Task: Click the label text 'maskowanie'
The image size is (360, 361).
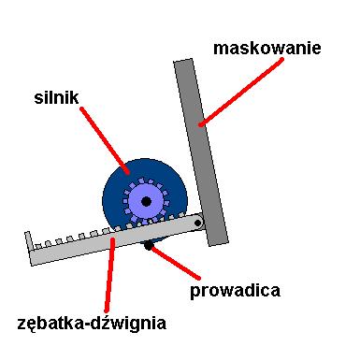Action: pyautogui.click(x=266, y=46)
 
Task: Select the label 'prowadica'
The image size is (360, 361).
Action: pyautogui.click(x=235, y=290)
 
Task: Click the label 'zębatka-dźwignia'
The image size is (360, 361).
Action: pyautogui.click(x=92, y=325)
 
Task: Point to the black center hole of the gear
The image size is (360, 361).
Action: pyautogui.click(x=146, y=200)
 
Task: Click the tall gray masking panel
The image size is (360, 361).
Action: pyautogui.click(x=201, y=150)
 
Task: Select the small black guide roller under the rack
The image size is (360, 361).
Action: pyautogui.click(x=148, y=246)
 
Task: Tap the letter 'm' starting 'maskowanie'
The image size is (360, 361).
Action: pyautogui.click(x=221, y=47)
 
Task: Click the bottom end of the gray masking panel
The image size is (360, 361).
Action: pyautogui.click(x=217, y=240)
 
